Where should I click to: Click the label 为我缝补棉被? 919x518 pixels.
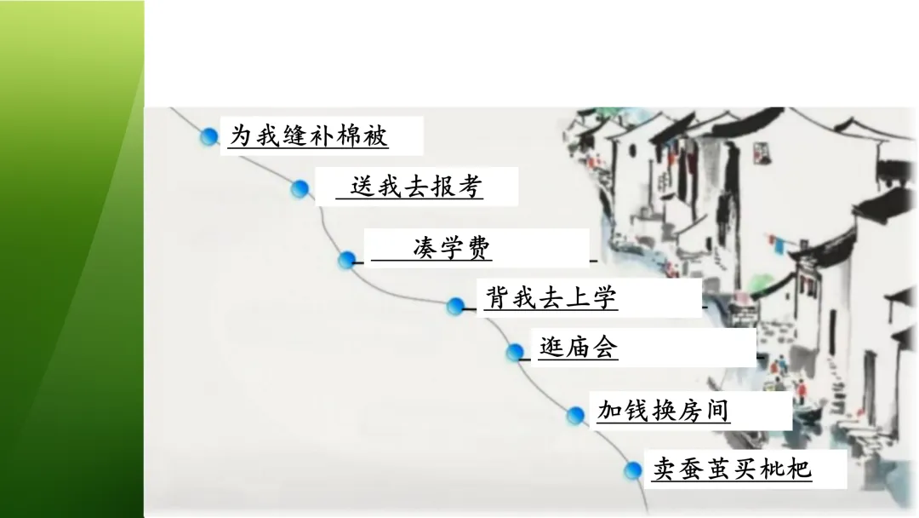tap(310, 135)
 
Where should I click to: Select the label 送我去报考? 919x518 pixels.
tap(416, 187)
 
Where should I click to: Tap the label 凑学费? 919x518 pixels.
tap(452, 249)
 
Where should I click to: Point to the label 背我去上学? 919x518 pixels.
tap(551, 298)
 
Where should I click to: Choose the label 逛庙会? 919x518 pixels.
tap(579, 348)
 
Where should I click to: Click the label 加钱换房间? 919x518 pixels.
tap(664, 412)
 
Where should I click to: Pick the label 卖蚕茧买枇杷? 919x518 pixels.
tap(733, 469)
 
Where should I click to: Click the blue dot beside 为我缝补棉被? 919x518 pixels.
tap(208, 136)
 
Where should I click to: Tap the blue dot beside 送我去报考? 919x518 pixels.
tap(299, 189)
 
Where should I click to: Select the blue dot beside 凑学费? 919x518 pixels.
tap(346, 260)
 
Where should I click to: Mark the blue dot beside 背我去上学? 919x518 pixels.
tap(455, 306)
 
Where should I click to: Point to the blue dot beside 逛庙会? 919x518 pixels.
tap(514, 351)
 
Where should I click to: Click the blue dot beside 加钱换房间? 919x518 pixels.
tap(576, 415)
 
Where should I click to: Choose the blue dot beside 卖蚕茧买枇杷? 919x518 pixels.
tap(632, 470)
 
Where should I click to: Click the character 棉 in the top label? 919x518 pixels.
tap(348, 135)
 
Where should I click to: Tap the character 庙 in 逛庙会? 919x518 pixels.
tap(579, 348)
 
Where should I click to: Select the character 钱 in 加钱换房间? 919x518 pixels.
tap(636, 412)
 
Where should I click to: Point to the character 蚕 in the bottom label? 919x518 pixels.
tap(692, 469)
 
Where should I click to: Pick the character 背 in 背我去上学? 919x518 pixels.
tap(497, 298)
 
